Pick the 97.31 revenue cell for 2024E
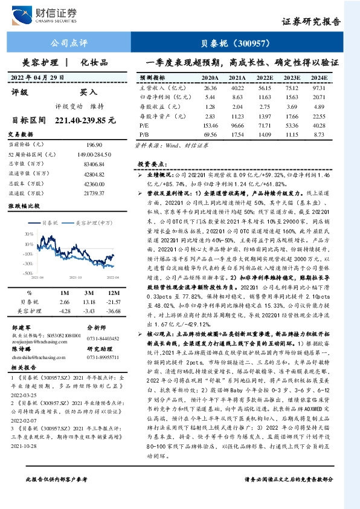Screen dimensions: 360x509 [318, 88]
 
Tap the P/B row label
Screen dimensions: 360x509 [144, 133]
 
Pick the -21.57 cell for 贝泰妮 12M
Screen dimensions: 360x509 [114, 301]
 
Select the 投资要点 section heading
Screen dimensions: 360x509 [151, 164]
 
